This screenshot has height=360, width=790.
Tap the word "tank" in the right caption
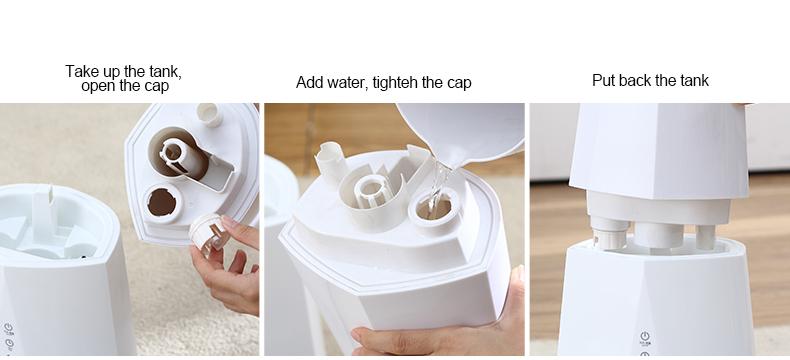tap(694, 80)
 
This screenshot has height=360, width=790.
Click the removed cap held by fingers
tap(209, 233)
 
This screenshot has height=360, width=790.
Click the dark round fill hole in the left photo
tap(162, 202)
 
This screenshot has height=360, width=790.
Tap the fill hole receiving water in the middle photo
tap(434, 210)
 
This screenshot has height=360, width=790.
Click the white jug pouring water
tap(461, 132)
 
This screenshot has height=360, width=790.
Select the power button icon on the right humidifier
tap(644, 336)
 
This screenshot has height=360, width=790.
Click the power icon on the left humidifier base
tap(9, 328)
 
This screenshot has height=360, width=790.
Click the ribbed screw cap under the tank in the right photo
tap(609, 233)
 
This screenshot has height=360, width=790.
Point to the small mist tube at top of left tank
tap(209, 114)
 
